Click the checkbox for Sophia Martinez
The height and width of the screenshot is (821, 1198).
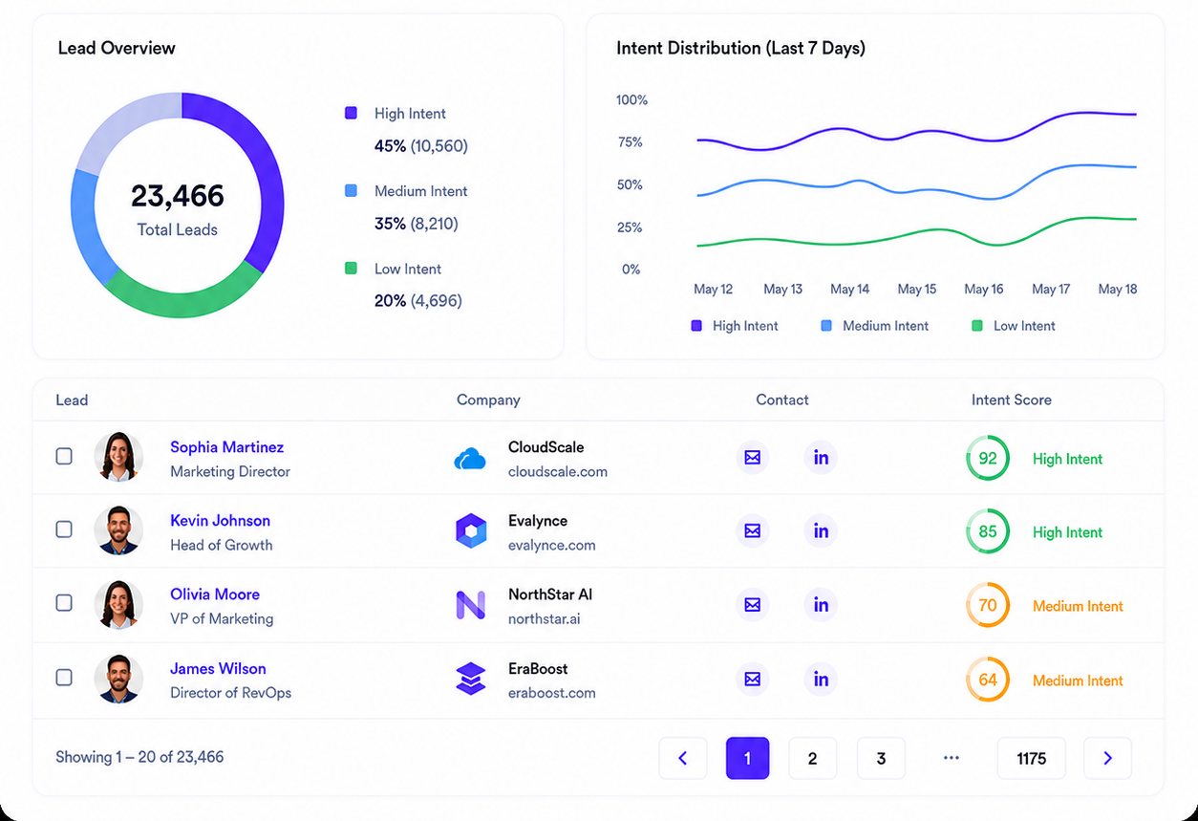click(64, 456)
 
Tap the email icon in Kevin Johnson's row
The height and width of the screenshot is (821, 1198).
click(753, 530)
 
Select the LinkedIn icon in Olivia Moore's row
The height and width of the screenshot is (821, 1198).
click(821, 605)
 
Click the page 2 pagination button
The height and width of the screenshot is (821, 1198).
click(812, 758)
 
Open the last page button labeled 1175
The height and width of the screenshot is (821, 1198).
click(1031, 758)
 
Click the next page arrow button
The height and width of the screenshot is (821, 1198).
click(1107, 758)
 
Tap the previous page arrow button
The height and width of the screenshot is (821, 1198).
click(682, 758)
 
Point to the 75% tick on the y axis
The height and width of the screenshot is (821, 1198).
click(630, 141)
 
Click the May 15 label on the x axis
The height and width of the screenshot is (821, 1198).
click(917, 289)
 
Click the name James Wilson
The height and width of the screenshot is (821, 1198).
click(218, 668)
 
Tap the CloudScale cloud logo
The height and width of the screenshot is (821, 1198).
click(470, 459)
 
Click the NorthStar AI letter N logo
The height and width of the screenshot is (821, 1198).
click(471, 605)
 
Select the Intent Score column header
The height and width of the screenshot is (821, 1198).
click(1012, 400)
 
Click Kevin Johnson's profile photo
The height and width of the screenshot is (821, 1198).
click(118, 530)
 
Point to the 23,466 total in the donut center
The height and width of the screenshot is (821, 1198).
click(177, 196)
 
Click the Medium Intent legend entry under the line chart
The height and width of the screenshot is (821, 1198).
click(875, 326)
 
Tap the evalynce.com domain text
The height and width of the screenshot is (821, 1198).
click(551, 546)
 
